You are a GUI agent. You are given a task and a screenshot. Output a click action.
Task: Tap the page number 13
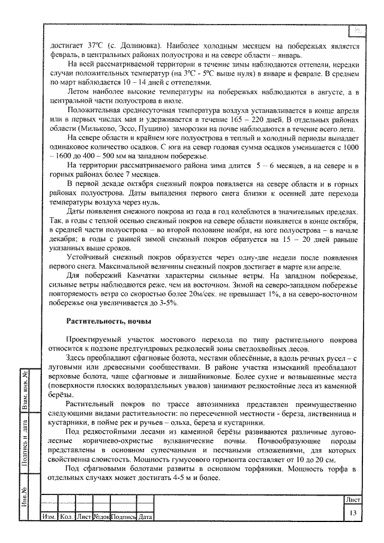(x=353, y=512)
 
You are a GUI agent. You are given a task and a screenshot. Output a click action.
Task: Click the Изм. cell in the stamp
(x=48, y=516)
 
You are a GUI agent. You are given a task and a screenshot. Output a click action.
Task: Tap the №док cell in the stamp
(x=101, y=516)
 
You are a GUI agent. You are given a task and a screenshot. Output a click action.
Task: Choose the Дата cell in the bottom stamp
(x=145, y=516)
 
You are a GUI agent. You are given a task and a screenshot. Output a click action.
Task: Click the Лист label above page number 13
(x=353, y=499)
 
